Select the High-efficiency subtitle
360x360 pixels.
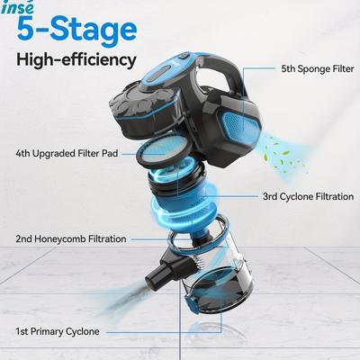(75, 61)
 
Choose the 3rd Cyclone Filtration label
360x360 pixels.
(301, 195)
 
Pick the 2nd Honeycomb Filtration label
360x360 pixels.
(69, 238)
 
